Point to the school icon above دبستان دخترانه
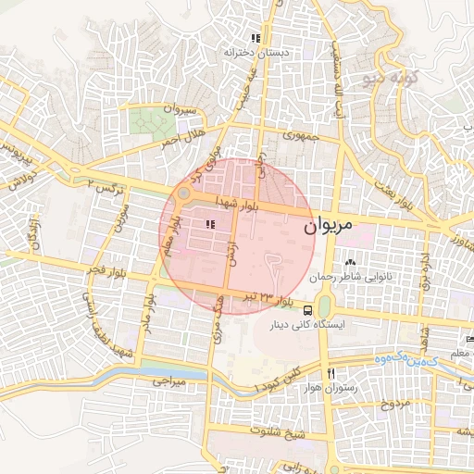click(255, 38)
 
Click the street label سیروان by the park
click(180, 109)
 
